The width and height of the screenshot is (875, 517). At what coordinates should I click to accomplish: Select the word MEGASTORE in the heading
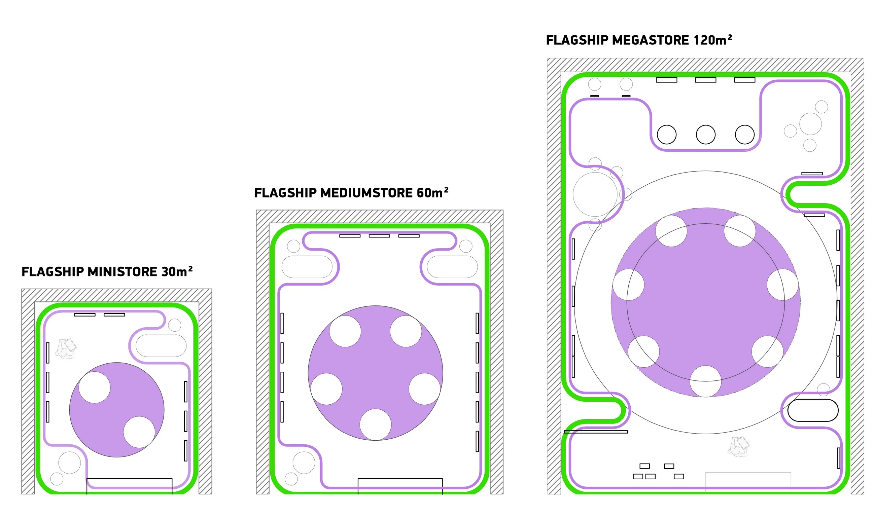651,40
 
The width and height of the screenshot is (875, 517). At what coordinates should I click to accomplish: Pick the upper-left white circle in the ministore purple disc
95,387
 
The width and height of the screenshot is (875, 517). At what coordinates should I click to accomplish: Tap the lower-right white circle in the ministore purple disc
139,432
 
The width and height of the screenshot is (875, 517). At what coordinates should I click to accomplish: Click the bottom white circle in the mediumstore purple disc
375,425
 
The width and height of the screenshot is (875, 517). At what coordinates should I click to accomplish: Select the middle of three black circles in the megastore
706,135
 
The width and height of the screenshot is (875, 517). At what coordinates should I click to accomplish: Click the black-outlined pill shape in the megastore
813,410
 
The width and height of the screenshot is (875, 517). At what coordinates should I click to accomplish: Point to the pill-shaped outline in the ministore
161,345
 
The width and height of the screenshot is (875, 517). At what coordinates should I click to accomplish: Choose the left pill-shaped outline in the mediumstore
307,267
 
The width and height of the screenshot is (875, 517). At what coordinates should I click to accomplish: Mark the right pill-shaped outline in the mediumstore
452,267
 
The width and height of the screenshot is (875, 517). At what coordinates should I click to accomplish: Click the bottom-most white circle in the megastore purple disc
706,381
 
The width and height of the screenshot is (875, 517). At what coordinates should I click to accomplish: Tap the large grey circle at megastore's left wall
595,194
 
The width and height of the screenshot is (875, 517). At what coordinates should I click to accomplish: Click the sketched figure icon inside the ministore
66,348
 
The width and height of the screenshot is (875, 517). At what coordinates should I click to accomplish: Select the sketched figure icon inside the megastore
738,447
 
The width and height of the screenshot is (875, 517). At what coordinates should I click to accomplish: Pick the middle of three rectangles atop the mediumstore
379,236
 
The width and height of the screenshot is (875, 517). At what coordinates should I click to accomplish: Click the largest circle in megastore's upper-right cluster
810,124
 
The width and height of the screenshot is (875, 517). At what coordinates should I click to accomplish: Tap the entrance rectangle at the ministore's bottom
129,486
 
